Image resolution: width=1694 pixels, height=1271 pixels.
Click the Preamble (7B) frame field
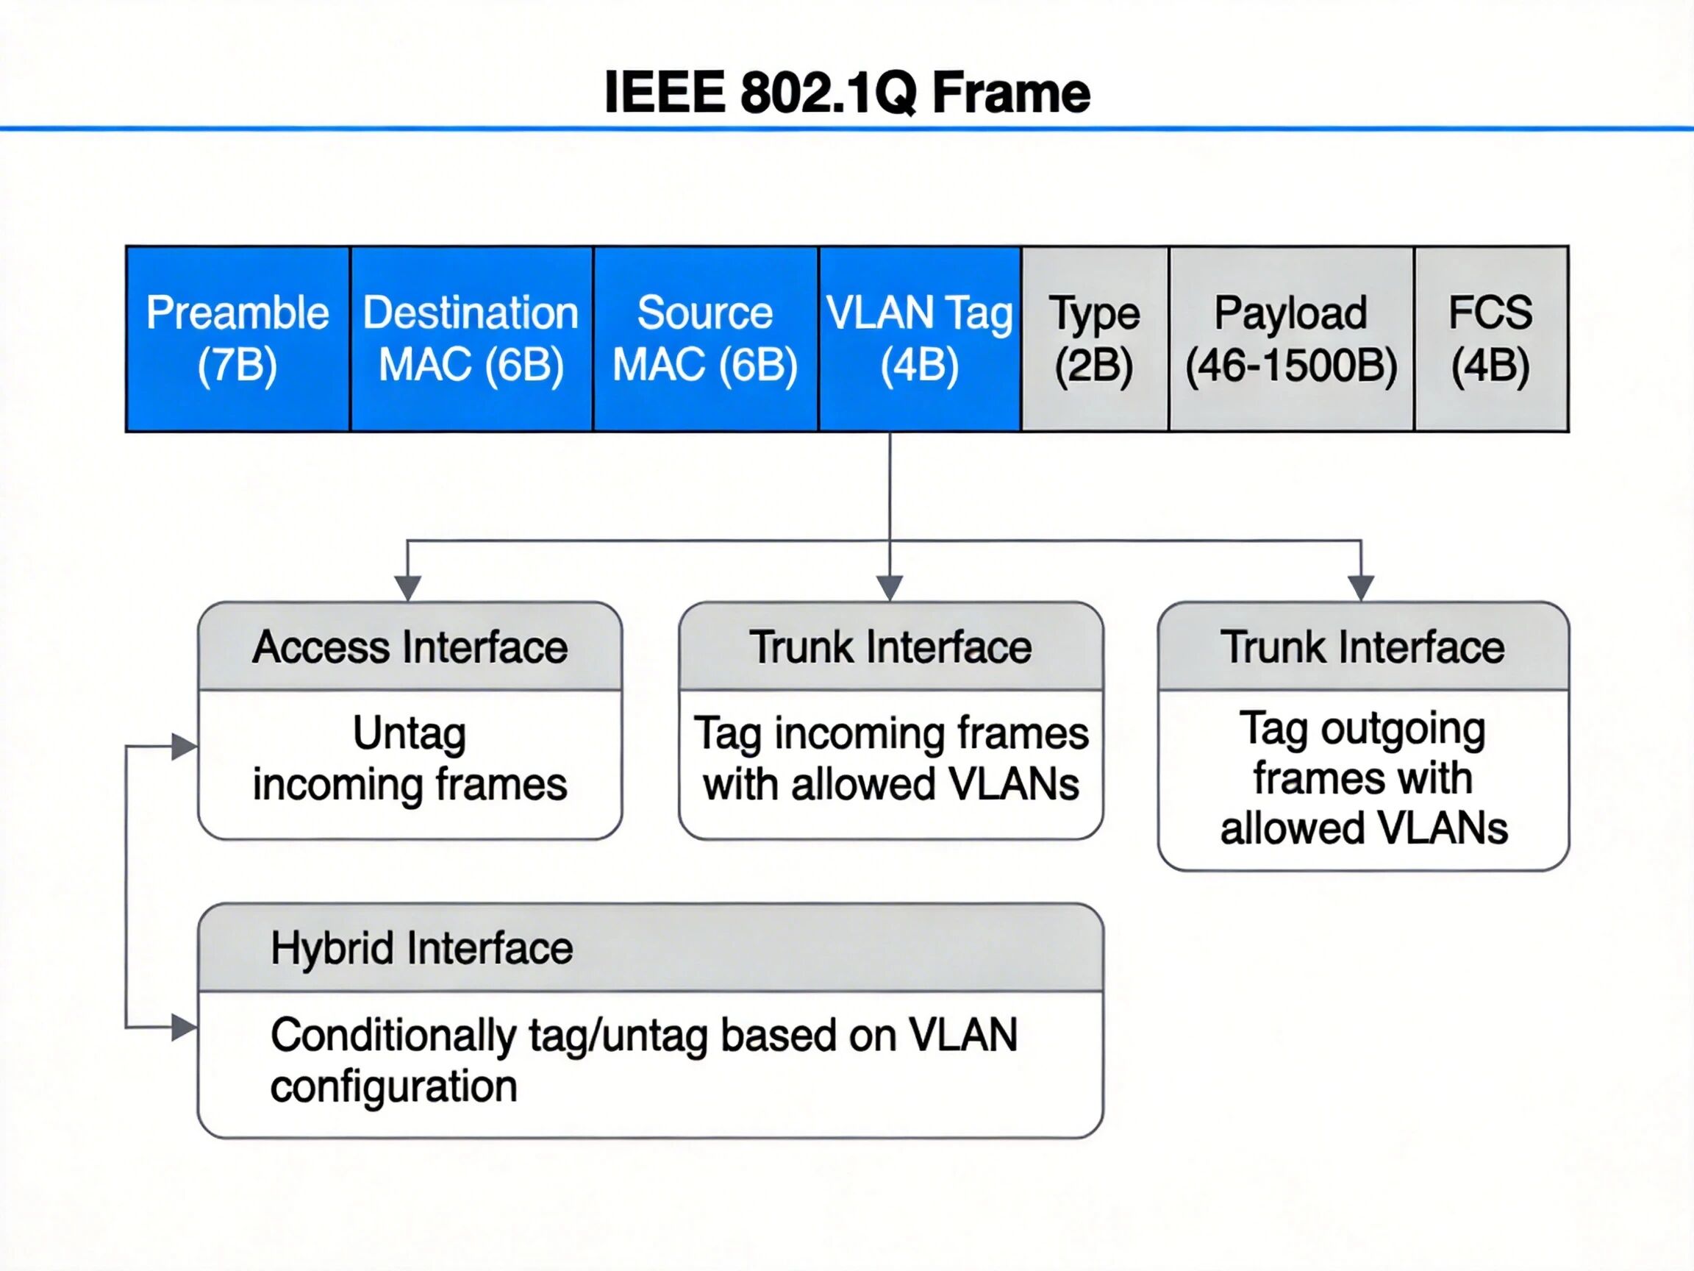coord(237,338)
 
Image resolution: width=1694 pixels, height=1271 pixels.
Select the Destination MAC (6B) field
coord(471,338)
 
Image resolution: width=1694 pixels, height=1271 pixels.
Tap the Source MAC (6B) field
coord(705,338)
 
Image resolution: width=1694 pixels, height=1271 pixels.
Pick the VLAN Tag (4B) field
coord(919,338)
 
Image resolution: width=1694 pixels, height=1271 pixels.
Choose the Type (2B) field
coord(1094,338)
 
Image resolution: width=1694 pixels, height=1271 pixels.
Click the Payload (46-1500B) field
coord(1291,338)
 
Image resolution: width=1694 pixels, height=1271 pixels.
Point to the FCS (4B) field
coord(1490,338)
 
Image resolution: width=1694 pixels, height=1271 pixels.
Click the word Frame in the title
coord(1011,93)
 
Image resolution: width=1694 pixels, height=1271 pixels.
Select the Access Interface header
coord(410,647)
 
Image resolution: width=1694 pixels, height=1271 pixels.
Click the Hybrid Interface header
coord(421,948)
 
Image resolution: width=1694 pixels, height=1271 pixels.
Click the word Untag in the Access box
coord(410,733)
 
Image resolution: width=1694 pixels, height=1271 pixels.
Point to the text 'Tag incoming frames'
coord(890,733)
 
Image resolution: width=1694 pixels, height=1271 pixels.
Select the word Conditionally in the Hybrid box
coord(393,1036)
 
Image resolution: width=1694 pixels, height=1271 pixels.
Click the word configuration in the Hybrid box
coord(393,1086)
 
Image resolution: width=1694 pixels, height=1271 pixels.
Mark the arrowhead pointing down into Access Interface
coord(407,588)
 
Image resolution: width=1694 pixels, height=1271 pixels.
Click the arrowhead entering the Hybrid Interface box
coord(184,1028)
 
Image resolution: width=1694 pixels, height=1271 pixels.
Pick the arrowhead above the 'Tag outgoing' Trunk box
coord(1361,588)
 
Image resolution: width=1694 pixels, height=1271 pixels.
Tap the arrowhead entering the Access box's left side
coord(184,747)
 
